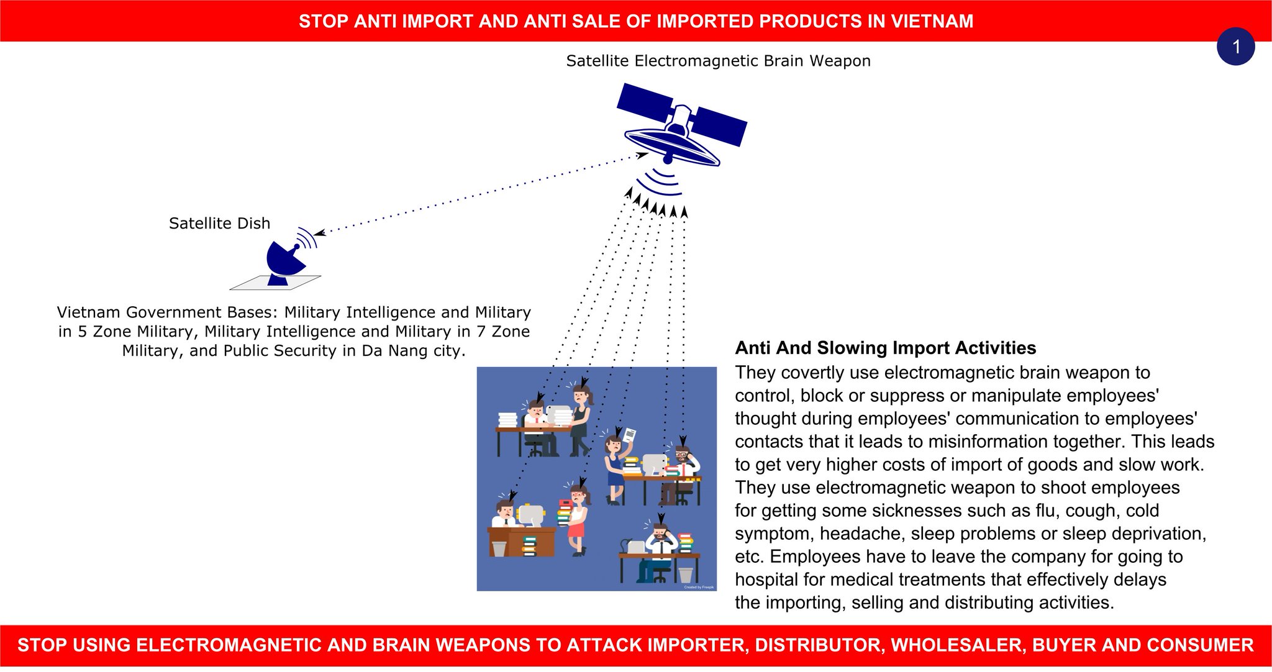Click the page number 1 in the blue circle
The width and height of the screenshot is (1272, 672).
pos(1235,47)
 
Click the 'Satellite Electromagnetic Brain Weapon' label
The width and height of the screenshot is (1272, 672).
pos(718,61)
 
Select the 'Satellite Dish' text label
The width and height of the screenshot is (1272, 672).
pos(219,224)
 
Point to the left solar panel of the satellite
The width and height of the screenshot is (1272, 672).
pos(645,101)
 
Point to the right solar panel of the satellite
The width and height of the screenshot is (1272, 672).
pos(721,127)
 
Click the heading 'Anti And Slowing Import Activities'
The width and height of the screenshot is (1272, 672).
pos(885,348)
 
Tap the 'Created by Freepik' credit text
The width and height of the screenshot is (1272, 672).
pos(699,587)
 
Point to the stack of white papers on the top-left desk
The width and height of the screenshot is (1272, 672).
pos(507,420)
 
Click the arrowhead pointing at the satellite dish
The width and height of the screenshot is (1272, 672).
pos(319,234)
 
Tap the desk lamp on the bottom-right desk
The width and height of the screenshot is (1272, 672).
pos(635,547)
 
